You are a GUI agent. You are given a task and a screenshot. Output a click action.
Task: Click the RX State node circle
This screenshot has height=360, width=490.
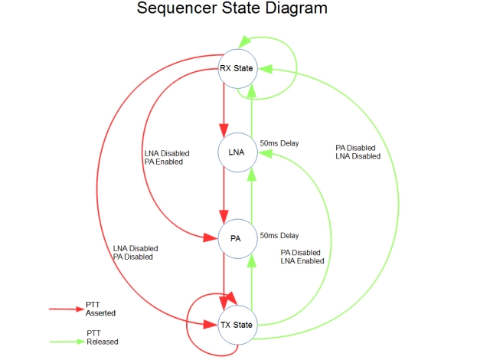click(237, 69)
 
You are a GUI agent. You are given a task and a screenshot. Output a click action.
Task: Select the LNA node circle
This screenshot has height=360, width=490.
click(237, 152)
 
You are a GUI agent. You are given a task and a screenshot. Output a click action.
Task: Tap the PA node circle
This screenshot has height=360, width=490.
click(237, 239)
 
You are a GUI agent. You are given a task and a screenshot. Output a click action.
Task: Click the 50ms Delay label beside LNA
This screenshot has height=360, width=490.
click(279, 143)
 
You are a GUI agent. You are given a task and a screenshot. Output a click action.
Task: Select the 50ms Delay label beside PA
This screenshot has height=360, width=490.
click(279, 236)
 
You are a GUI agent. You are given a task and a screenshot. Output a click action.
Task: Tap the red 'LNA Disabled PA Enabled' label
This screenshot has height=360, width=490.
click(167, 157)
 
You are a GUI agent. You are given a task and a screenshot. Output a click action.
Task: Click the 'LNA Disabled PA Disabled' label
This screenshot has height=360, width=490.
click(136, 253)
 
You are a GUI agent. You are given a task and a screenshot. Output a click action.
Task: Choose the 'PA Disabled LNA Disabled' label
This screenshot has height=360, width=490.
click(358, 152)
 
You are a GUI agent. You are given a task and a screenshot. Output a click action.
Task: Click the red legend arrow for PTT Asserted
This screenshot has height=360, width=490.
click(67, 309)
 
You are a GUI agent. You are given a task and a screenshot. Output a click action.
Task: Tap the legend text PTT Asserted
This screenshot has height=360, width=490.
click(100, 309)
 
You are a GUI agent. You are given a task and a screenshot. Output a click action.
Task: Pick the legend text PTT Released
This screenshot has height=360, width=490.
click(102, 337)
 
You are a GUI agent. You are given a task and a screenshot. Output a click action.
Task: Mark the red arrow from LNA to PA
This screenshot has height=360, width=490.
click(224, 195)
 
